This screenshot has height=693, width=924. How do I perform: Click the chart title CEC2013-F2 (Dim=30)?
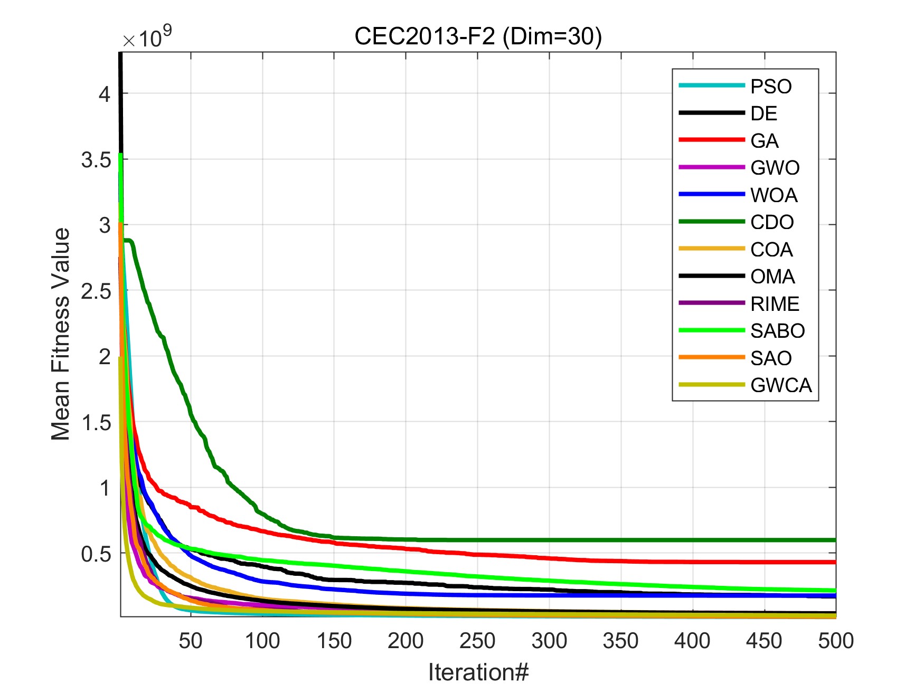[478, 36]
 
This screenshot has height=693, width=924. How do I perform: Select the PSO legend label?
[771, 87]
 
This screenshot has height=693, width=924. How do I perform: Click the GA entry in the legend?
[764, 141]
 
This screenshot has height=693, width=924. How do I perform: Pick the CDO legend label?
[772, 222]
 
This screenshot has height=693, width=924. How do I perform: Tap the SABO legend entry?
[777, 331]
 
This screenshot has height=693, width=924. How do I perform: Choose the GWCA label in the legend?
[781, 385]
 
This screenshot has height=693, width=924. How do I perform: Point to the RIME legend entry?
[775, 304]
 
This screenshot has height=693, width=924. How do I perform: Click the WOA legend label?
[774, 195]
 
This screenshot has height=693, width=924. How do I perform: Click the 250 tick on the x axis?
[477, 641]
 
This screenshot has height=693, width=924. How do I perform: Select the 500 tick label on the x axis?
[835, 641]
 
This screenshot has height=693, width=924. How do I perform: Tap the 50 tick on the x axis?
[191, 641]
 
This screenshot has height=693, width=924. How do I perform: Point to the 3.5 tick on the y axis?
[96, 160]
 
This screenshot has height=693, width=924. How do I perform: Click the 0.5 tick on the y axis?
[96, 554]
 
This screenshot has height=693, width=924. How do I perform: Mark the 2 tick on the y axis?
[105, 357]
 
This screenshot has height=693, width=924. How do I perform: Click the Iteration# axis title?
[478, 672]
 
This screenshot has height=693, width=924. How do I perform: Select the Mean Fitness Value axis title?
[60, 334]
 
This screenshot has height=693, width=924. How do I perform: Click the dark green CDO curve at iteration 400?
[692, 540]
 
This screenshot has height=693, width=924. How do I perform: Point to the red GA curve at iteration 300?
[549, 558]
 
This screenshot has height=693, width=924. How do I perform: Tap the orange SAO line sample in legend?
[711, 358]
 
